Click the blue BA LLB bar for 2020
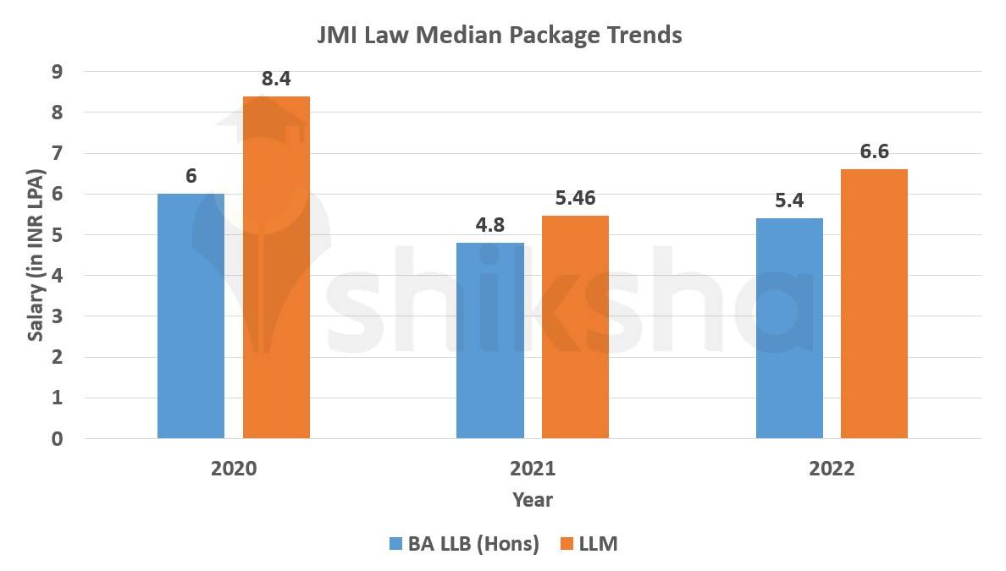(x=191, y=316)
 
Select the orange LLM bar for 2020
(x=276, y=267)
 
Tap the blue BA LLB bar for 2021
(x=489, y=340)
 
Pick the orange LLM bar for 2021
(x=575, y=327)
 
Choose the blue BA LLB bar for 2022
(x=788, y=328)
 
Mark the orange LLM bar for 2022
(x=874, y=304)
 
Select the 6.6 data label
(x=874, y=153)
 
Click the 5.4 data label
(x=788, y=202)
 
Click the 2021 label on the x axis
(x=533, y=469)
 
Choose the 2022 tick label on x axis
(x=831, y=469)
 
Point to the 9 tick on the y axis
(x=57, y=72)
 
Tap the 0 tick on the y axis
(x=57, y=438)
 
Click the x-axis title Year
(x=533, y=500)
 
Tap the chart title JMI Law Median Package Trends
(x=500, y=36)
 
